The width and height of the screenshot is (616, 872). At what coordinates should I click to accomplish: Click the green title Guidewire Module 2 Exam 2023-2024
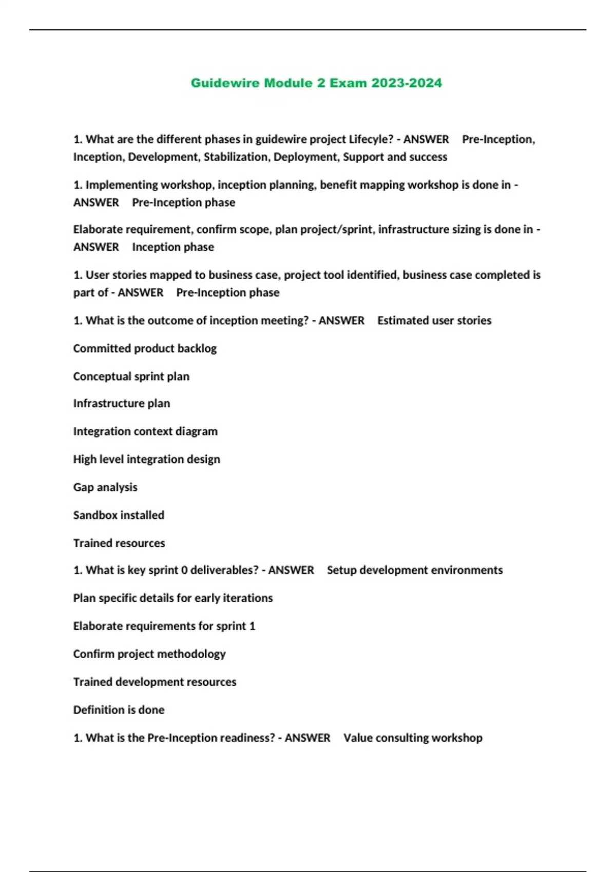(316, 83)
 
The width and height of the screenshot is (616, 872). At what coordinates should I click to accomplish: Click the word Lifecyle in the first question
(371, 140)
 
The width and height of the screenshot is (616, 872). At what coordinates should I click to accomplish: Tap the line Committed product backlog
(145, 349)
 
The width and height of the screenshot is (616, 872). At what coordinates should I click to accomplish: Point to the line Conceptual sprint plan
(131, 376)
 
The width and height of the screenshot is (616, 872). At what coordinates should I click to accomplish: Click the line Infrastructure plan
(121, 404)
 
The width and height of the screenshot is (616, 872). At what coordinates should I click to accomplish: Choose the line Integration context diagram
(145, 431)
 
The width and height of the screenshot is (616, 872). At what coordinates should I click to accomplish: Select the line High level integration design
(146, 460)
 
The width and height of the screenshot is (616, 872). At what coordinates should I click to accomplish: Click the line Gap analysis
(105, 487)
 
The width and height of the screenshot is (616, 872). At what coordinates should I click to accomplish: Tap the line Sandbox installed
(119, 515)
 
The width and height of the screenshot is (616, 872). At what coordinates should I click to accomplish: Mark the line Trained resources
(119, 543)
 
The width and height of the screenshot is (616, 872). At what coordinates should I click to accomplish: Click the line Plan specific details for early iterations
(173, 598)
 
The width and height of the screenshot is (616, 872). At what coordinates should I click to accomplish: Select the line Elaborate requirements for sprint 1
(164, 626)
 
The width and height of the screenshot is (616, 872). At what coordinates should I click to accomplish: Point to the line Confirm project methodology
(149, 654)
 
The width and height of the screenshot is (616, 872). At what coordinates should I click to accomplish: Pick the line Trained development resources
(155, 682)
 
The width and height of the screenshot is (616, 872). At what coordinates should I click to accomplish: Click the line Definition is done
(119, 710)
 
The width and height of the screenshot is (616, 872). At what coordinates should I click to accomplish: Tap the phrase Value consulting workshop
(413, 738)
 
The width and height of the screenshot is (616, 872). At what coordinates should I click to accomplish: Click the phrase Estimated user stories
(434, 321)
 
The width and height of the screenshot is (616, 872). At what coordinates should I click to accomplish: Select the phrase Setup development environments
(415, 570)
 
